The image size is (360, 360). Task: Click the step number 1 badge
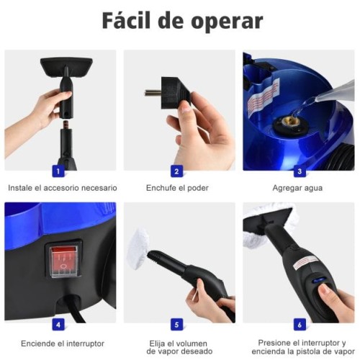coord(58,171)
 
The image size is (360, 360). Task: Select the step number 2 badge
coord(176,171)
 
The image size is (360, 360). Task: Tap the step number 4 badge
coord(58,323)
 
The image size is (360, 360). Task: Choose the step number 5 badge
coord(176,323)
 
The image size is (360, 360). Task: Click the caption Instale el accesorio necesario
coord(62,188)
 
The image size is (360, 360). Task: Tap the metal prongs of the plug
coord(153,92)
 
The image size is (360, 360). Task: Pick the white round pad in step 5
coord(147,249)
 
